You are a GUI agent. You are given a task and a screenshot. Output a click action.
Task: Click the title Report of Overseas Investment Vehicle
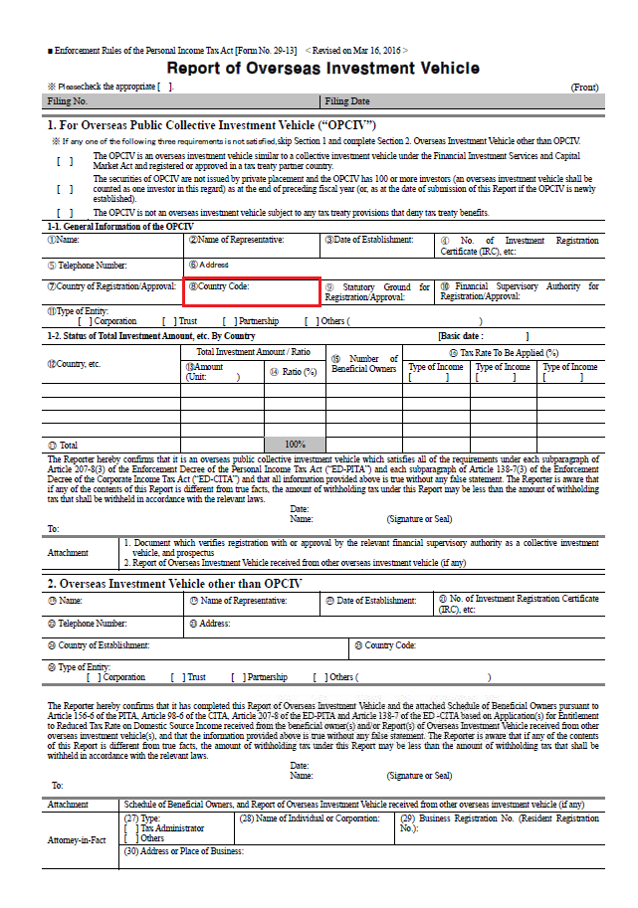coord(322,69)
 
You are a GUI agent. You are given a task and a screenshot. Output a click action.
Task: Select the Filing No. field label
coord(68,101)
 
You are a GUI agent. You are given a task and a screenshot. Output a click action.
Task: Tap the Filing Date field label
coord(347,101)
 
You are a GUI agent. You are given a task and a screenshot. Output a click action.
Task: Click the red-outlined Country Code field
coord(252,290)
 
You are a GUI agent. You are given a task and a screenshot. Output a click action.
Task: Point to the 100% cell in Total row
coord(295,445)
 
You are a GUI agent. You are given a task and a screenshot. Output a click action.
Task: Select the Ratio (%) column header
coord(295,372)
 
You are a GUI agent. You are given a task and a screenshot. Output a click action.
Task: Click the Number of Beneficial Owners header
coord(363,364)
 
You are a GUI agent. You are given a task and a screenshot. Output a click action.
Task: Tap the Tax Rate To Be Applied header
coord(503,352)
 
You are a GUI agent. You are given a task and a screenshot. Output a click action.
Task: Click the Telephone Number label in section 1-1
coord(88,266)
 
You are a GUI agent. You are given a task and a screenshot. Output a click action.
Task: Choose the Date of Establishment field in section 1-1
coord(376,245)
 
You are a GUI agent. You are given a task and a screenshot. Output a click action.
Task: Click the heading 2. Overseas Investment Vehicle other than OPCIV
coord(174,583)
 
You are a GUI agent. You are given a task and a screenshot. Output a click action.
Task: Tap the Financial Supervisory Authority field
coord(520,291)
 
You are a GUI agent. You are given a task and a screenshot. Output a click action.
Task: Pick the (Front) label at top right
coord(584,88)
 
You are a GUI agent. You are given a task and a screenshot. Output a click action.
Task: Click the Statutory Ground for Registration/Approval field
coord(377,291)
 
